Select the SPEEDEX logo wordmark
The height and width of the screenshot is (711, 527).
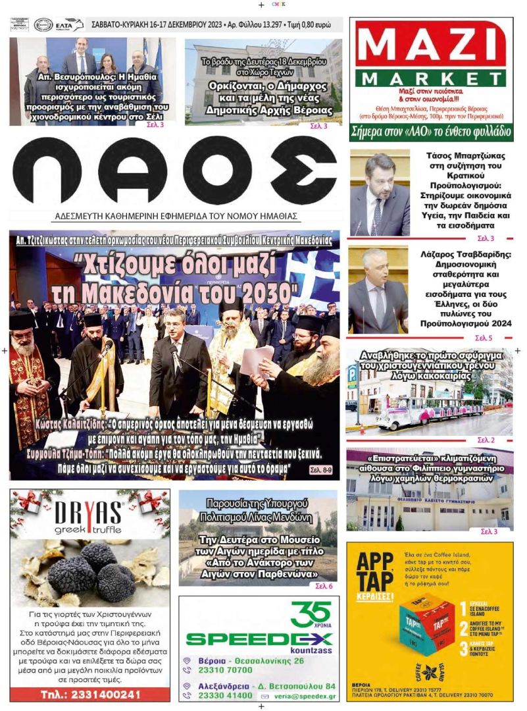[259, 639]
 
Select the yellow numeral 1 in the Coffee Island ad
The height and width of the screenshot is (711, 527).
[464, 607]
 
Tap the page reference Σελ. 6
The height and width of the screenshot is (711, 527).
[324, 585]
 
